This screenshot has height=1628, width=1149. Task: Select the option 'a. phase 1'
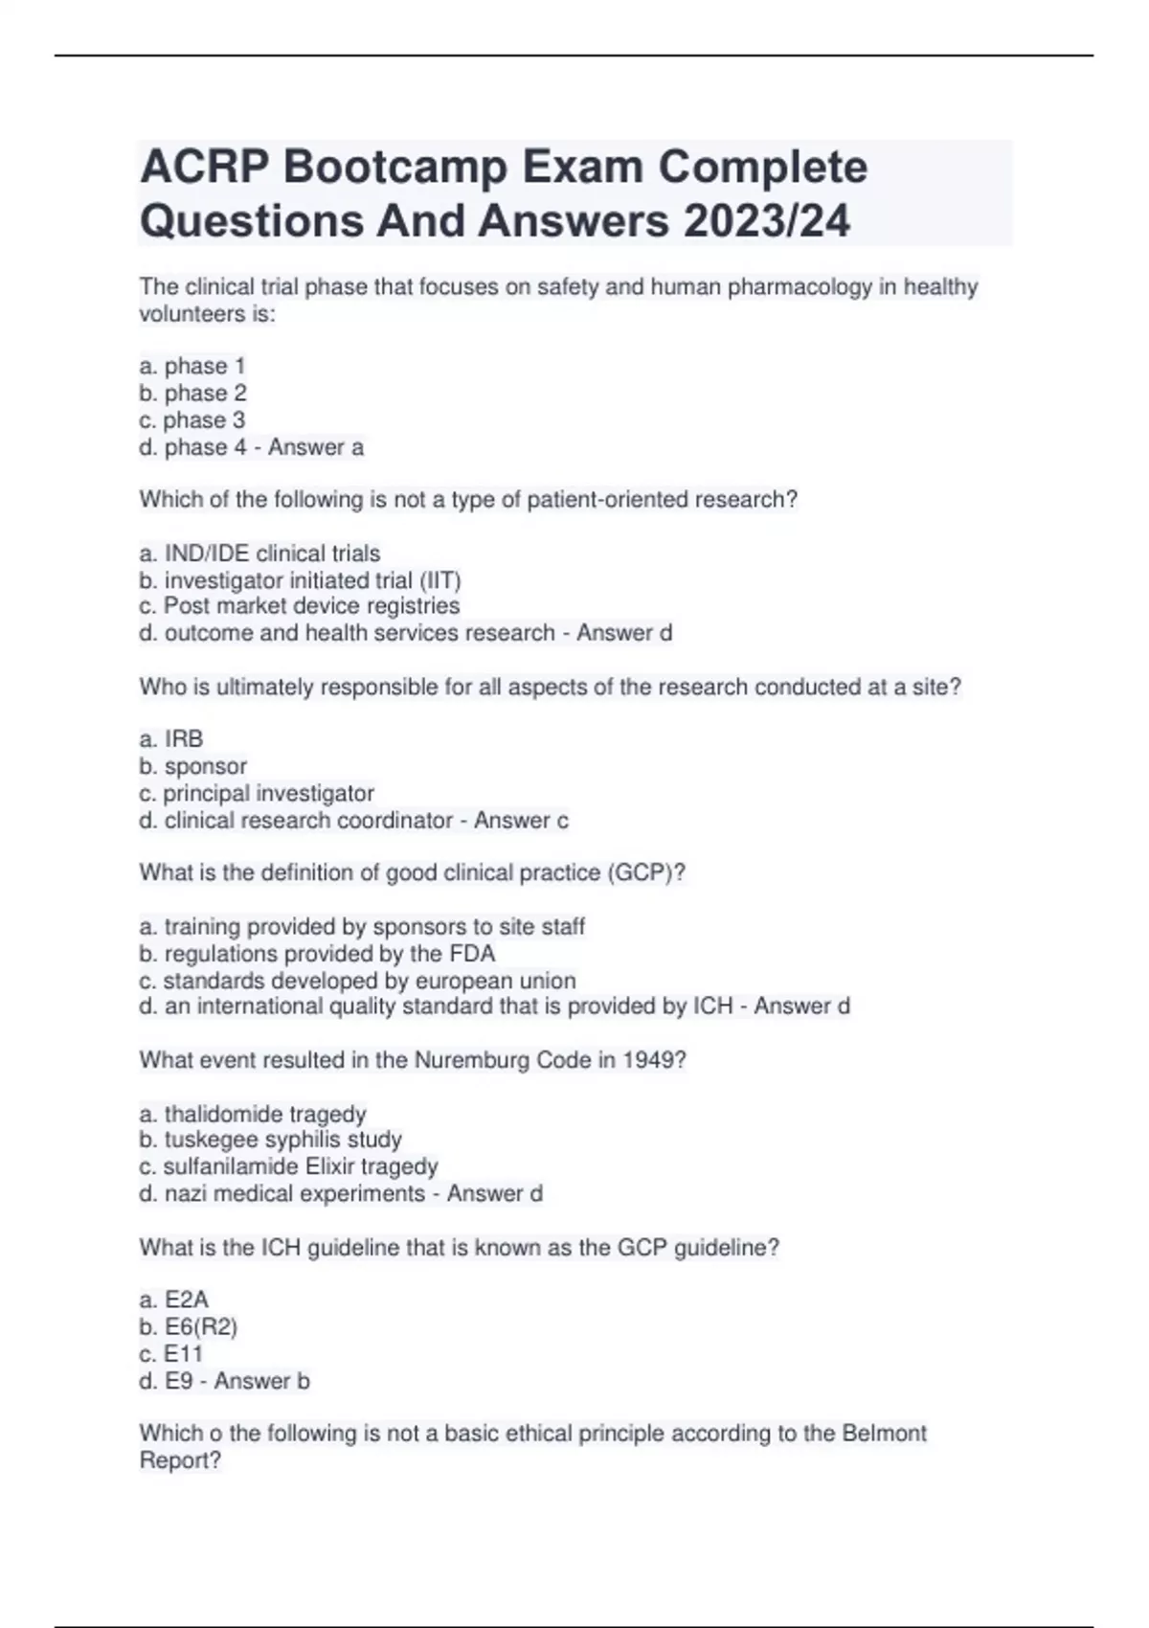click(x=192, y=366)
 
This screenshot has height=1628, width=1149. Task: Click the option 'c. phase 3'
click(x=192, y=420)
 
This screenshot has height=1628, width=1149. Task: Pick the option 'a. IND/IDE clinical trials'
click(x=259, y=554)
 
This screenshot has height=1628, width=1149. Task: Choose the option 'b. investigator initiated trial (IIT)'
click(x=300, y=580)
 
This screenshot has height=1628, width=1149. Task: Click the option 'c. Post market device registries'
click(x=300, y=606)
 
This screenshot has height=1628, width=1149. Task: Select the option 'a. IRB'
click(x=171, y=739)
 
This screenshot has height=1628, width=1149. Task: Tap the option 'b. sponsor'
click(x=192, y=766)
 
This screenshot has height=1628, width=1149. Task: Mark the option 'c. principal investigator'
click(x=257, y=793)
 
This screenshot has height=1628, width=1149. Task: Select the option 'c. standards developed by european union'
click(x=357, y=981)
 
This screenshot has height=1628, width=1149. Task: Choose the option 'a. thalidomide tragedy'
click(x=253, y=1114)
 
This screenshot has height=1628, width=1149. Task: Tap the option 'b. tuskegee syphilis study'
click(x=270, y=1140)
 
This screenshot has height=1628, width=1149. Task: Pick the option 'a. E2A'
click(x=173, y=1300)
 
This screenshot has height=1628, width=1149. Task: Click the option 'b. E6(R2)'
click(x=188, y=1326)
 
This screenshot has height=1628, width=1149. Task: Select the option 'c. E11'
click(x=171, y=1354)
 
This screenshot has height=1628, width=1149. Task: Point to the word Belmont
click(x=884, y=1434)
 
